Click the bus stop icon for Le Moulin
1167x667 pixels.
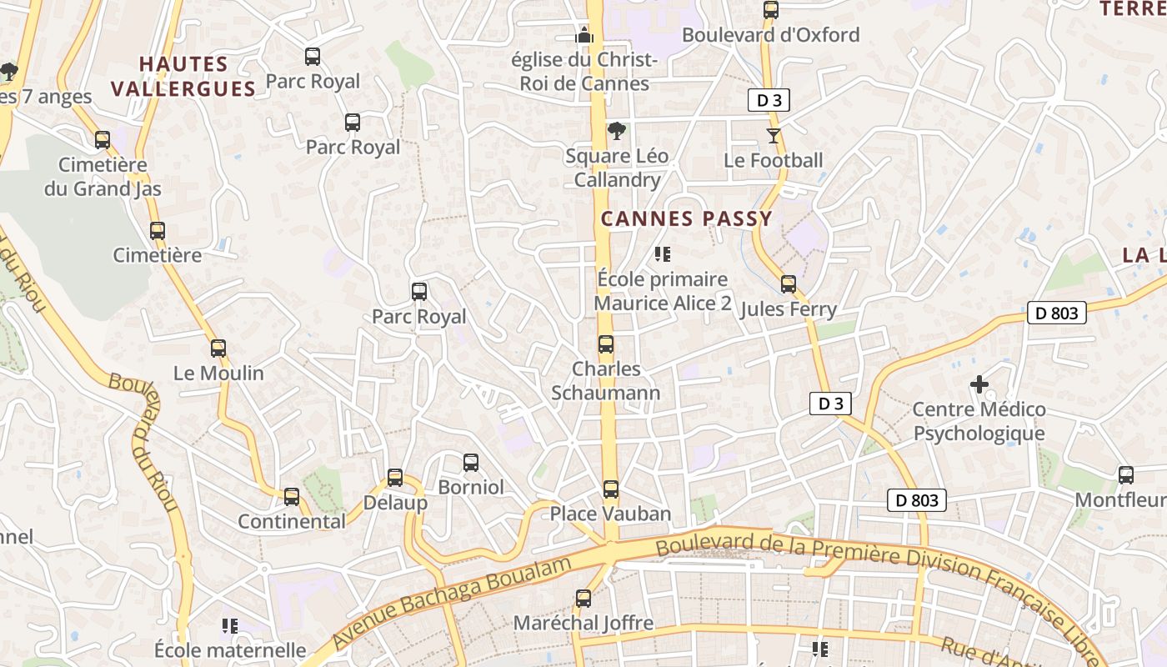pyautogui.click(x=218, y=349)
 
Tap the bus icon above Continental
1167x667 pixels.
pyautogui.click(x=292, y=497)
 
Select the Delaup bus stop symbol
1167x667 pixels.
pyautogui.click(x=395, y=478)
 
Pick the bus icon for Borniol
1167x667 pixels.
pyautogui.click(x=471, y=463)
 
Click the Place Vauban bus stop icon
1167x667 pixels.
pyautogui.click(x=611, y=489)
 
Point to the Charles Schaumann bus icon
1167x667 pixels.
pyautogui.click(x=606, y=344)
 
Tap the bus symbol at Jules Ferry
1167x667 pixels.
pyautogui.click(x=789, y=284)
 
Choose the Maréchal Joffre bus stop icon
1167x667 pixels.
pyautogui.click(x=583, y=598)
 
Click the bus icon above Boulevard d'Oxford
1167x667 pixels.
pyautogui.click(x=771, y=10)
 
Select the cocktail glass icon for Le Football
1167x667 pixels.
pyautogui.click(x=774, y=135)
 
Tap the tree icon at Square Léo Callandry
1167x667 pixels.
pyautogui.click(x=617, y=131)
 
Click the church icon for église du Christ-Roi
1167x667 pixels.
pyautogui.click(x=584, y=35)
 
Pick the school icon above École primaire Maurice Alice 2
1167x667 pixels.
pyautogui.click(x=663, y=254)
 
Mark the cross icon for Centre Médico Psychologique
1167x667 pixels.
pyautogui.click(x=979, y=384)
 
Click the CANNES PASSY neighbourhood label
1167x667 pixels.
pyautogui.click(x=687, y=218)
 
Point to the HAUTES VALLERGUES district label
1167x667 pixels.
pyautogui.click(x=183, y=76)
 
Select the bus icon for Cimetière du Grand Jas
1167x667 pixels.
pyautogui.click(x=103, y=140)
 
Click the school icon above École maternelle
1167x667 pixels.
pyautogui.click(x=230, y=625)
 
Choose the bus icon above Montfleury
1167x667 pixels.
pyautogui.click(x=1126, y=475)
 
